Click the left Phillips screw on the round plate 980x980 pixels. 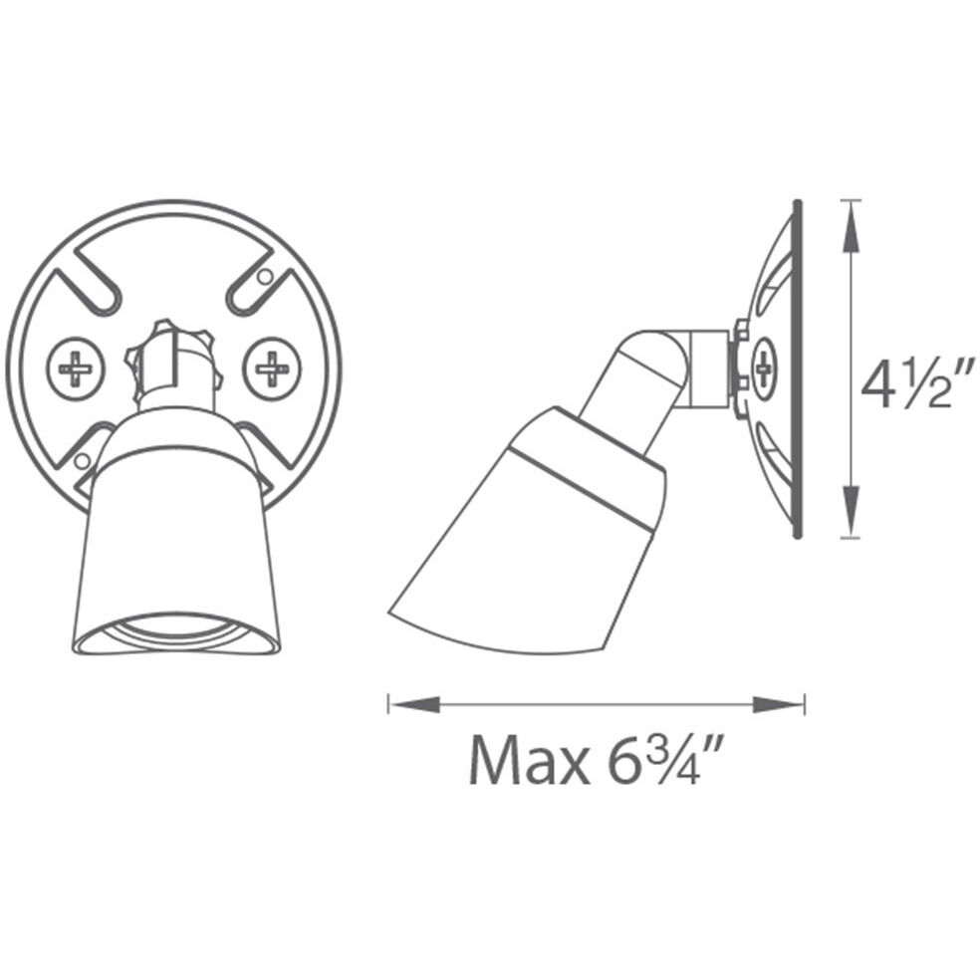point(76,369)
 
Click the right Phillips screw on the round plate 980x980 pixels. point(271,369)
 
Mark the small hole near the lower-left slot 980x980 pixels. point(82,460)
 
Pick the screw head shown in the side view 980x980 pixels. point(764,368)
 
